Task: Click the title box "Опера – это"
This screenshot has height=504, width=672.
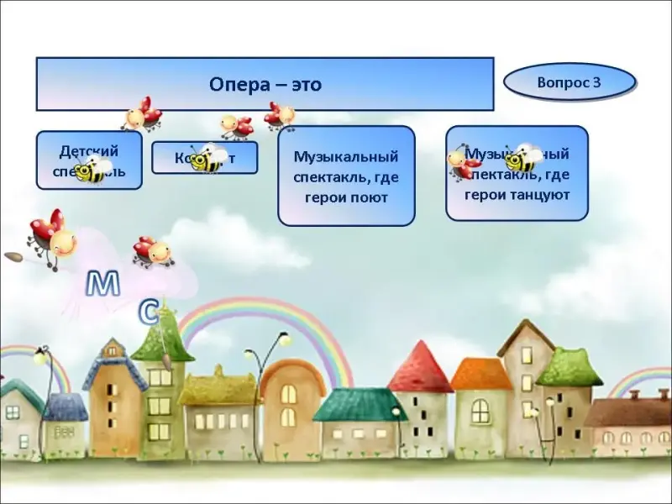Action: [265, 84]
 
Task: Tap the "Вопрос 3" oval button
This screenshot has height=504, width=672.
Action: [569, 82]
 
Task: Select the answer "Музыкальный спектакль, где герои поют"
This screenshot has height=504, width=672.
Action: [346, 176]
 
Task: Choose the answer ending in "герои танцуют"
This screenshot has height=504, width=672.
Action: [517, 173]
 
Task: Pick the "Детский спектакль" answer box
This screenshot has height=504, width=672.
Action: [89, 160]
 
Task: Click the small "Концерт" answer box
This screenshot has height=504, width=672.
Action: [204, 157]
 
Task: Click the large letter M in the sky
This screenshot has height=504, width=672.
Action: [103, 284]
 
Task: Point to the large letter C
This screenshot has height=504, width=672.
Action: [148, 312]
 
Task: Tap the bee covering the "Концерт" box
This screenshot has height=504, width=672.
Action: [207, 157]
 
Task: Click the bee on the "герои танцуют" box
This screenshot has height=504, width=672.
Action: [524, 157]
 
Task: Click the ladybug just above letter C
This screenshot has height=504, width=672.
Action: [153, 251]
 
